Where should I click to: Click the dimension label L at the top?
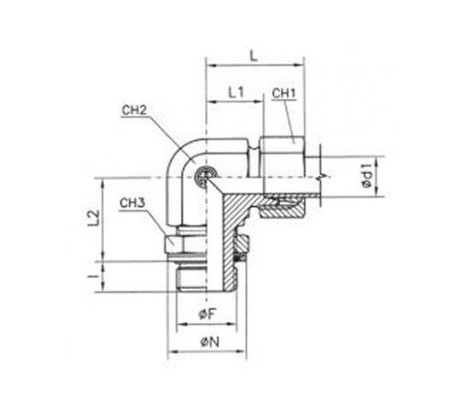coord(253,56)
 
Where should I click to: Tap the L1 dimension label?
coord(236,92)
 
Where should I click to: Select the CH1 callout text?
coord(284,94)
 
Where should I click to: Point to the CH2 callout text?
coord(134,110)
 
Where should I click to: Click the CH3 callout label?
coord(132,203)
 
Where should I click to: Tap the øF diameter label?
coord(208,314)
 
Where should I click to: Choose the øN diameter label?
coord(210,342)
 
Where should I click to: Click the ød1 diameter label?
coord(366,176)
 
